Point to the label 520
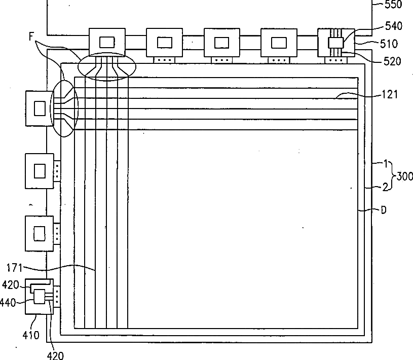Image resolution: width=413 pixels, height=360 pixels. pyautogui.click(x=392, y=62)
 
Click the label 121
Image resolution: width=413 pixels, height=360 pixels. pyautogui.click(x=390, y=94)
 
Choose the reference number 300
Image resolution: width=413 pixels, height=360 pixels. pyautogui.click(x=405, y=176)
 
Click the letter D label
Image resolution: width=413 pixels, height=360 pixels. pyautogui.click(x=384, y=210)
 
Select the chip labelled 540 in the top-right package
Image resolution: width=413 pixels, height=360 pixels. pyautogui.click(x=335, y=43)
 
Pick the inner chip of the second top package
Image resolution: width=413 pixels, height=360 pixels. pyautogui.click(x=164, y=42)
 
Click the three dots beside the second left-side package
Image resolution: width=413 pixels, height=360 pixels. pyautogui.click(x=57, y=171)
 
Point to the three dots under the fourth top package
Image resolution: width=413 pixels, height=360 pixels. pyautogui.click(x=278, y=60)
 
